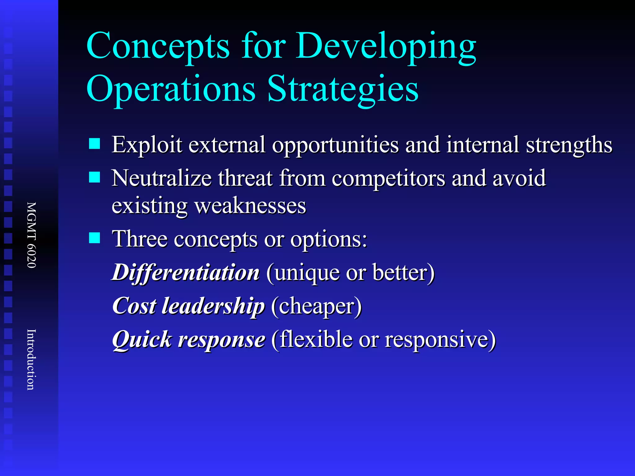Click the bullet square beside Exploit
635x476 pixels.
click(94, 144)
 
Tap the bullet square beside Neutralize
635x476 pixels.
click(94, 178)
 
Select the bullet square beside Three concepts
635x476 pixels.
click(94, 238)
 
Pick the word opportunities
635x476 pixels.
click(335, 145)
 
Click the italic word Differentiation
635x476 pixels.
click(186, 272)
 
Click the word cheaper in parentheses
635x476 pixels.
click(316, 306)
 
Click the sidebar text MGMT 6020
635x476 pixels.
click(31, 235)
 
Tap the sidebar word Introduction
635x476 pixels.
click(31, 359)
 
